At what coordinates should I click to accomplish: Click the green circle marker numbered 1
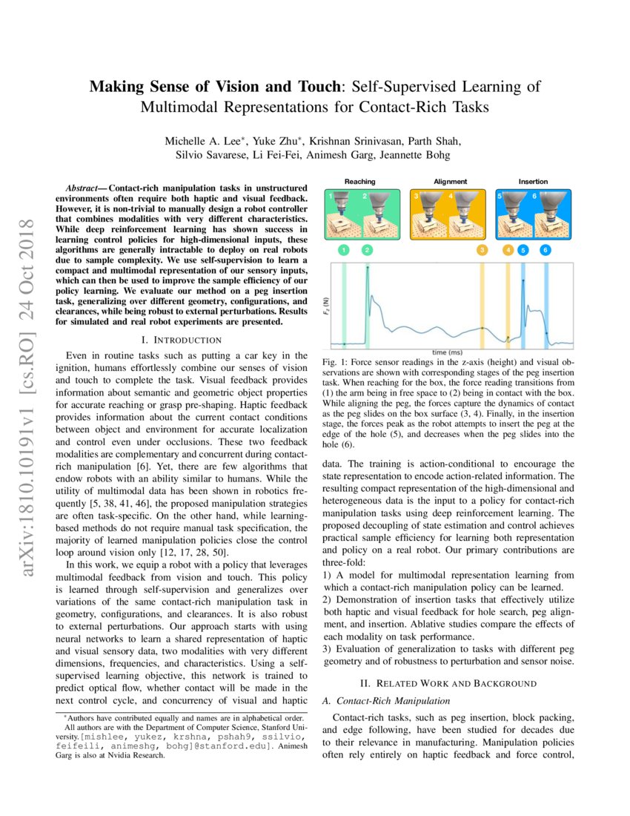pyautogui.click(x=344, y=251)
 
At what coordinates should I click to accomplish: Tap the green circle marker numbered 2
pyautogui.click(x=368, y=251)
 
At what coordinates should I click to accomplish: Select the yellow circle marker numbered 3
pyautogui.click(x=483, y=251)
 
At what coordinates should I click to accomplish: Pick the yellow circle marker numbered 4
pyautogui.click(x=508, y=251)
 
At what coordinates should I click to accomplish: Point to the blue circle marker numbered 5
pyautogui.click(x=523, y=251)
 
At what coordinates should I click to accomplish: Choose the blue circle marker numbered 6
pyautogui.click(x=546, y=251)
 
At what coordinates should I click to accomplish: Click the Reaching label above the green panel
pyautogui.click(x=360, y=181)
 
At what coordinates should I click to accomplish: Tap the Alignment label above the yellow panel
pyautogui.click(x=450, y=181)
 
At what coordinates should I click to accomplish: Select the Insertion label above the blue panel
pyautogui.click(x=533, y=181)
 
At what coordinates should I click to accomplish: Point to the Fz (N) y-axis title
pyautogui.click(x=327, y=305)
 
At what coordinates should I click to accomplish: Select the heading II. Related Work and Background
pyautogui.click(x=448, y=682)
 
